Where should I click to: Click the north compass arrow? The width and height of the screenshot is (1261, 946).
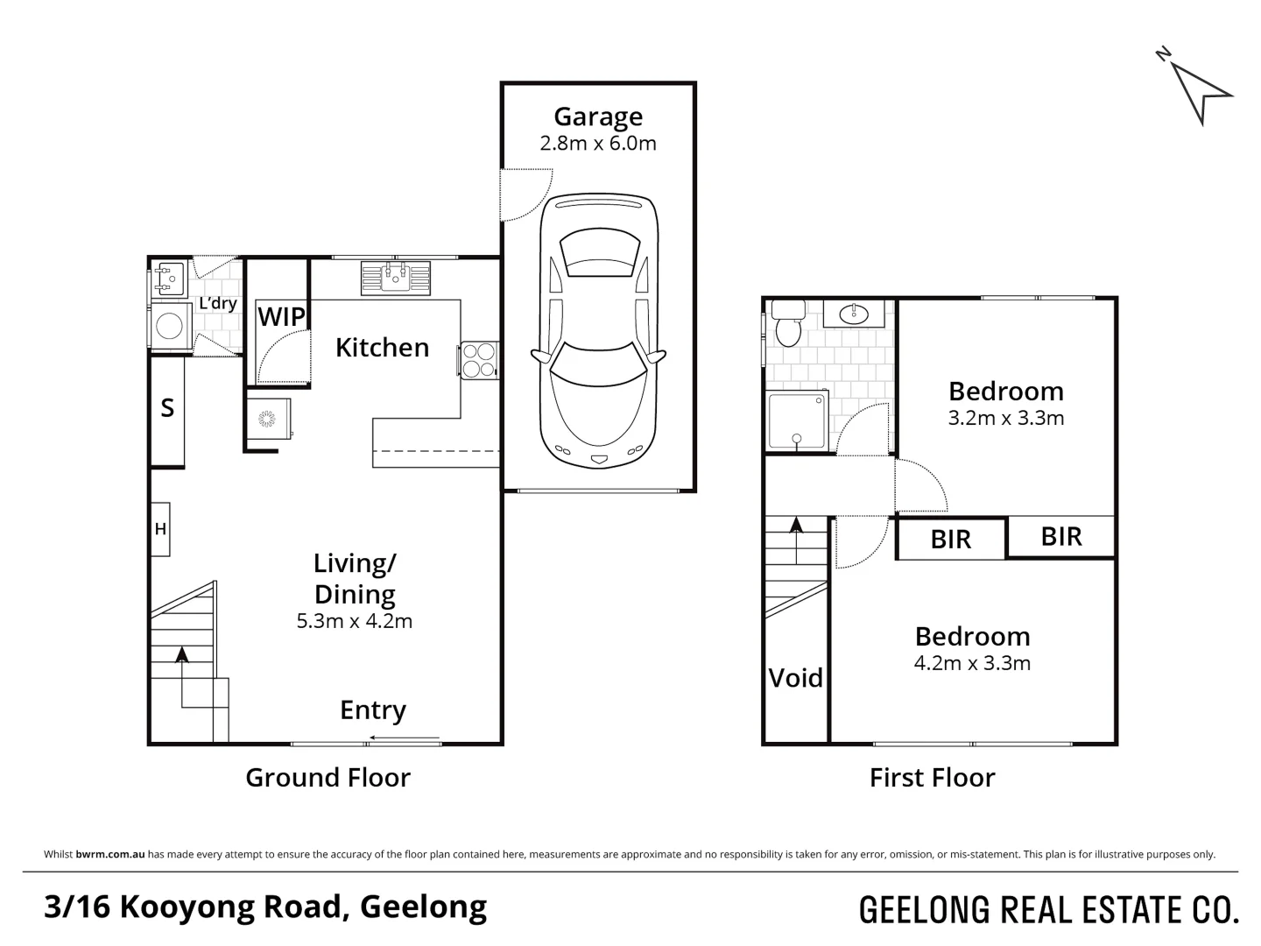point(1201,91)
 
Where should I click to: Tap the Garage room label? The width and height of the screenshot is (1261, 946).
point(598,116)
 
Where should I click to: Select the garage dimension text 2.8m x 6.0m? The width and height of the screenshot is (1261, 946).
point(598,144)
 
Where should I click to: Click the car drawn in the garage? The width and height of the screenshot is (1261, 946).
point(598,333)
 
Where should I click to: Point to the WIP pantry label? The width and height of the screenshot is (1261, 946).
point(281,317)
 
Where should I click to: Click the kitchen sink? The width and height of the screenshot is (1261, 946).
point(395,278)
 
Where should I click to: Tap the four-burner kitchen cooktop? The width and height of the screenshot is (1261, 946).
point(478,359)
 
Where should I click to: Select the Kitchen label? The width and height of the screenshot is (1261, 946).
point(382,348)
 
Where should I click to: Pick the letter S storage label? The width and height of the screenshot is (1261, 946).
point(167,408)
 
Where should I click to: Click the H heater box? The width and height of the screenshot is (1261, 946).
point(160,529)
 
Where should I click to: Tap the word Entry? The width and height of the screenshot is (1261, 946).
point(373,710)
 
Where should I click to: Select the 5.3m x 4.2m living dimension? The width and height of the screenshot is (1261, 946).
point(355,622)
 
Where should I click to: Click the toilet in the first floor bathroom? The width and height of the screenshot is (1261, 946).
point(788,324)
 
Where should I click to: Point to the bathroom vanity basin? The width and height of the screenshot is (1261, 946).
point(853,313)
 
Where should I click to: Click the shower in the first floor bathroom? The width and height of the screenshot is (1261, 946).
point(797,421)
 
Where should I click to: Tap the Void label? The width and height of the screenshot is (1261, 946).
point(796,678)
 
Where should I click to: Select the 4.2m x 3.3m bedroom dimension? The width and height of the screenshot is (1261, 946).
point(972,664)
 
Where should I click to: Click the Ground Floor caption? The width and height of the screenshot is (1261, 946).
point(328,778)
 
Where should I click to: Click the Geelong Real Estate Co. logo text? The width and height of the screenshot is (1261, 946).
point(1049,911)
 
